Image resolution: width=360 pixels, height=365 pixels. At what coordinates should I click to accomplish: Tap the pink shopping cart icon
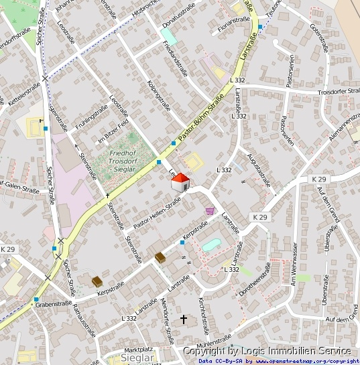[211, 210]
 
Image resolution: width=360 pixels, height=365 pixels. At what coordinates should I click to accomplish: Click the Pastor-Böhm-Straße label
[200, 122]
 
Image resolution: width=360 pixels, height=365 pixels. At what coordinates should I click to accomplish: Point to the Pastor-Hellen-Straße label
[157, 213]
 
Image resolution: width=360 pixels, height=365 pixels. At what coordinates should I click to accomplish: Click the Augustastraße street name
[260, 169]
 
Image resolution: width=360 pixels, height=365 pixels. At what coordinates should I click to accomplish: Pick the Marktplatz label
[139, 350]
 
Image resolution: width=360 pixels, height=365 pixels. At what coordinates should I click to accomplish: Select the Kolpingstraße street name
[158, 96]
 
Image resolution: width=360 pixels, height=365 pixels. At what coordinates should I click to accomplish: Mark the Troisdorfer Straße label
[339, 92]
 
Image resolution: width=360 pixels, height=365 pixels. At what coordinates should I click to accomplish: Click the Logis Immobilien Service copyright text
[267, 351]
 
